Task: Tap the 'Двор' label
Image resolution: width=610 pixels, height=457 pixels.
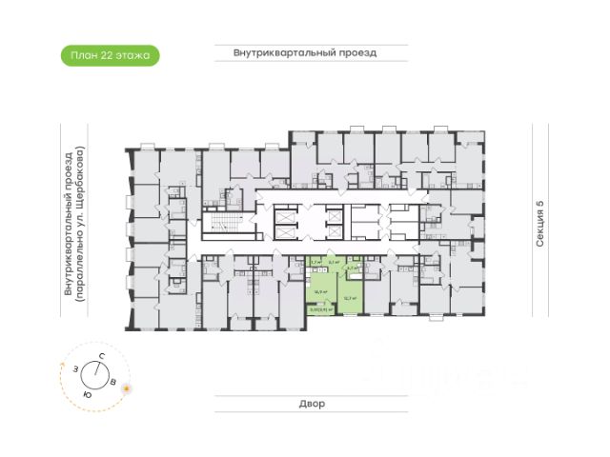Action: point(310,404)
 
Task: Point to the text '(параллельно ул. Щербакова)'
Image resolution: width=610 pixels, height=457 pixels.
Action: point(82,225)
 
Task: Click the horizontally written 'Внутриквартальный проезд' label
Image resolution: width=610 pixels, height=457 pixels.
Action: point(305,53)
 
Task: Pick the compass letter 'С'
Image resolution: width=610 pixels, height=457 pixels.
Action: point(101,355)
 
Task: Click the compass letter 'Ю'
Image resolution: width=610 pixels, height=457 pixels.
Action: point(87,393)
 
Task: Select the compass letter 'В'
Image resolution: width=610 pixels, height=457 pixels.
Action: point(114,382)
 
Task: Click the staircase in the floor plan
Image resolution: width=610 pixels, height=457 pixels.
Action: point(221,227)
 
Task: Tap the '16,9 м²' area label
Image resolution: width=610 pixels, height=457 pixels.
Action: point(322,292)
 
